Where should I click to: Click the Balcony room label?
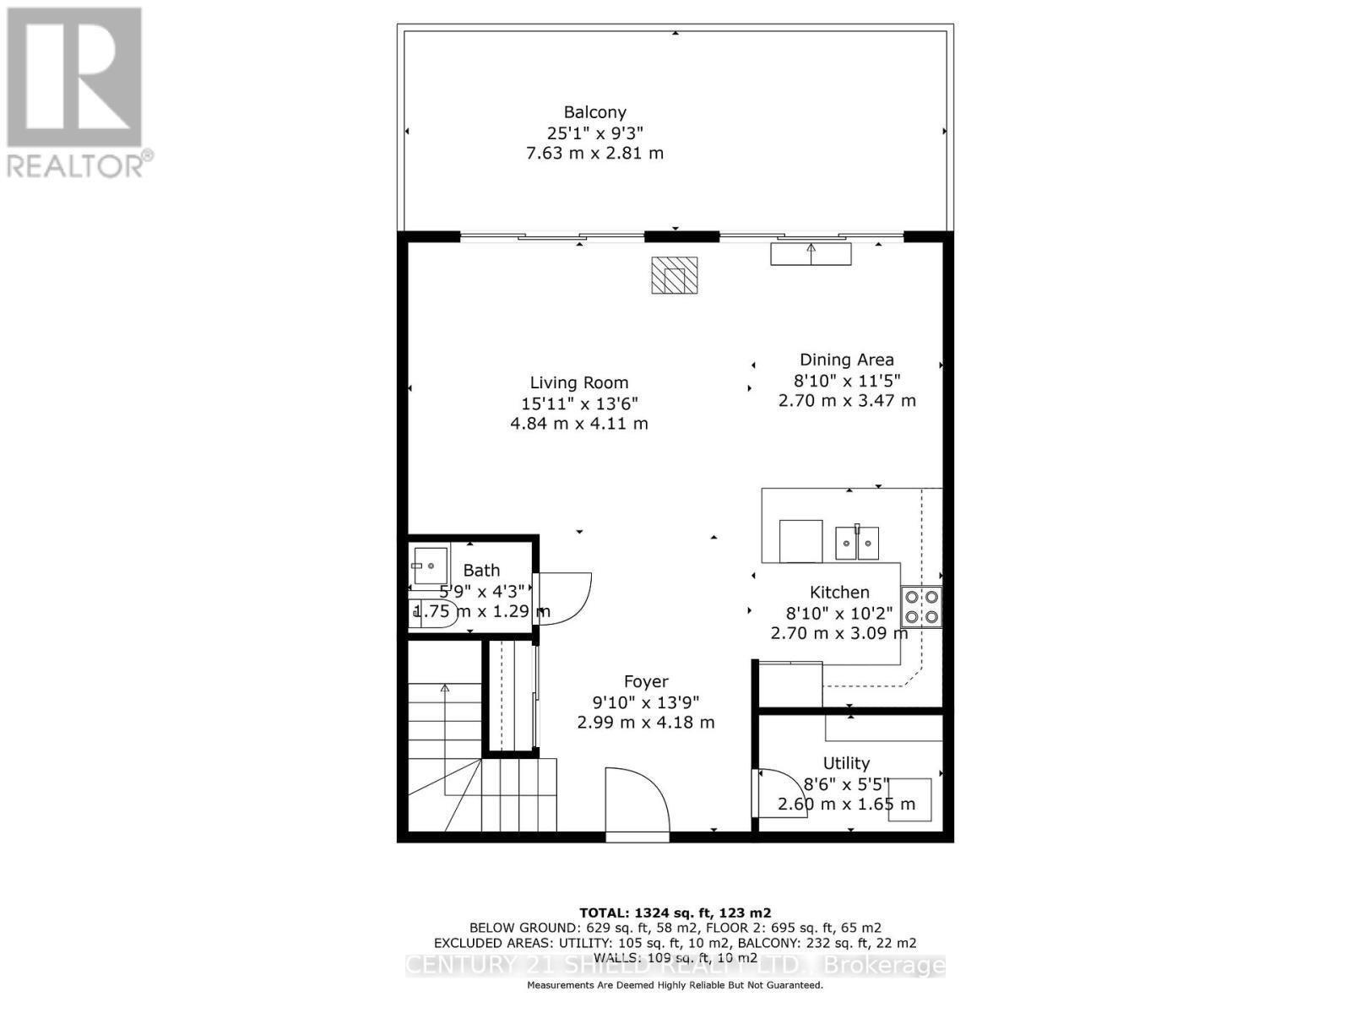(x=594, y=112)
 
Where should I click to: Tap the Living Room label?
(x=579, y=383)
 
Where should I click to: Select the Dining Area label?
(x=846, y=360)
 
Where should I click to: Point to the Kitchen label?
(x=839, y=593)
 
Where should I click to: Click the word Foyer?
(x=646, y=681)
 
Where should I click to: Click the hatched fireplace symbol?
(x=674, y=275)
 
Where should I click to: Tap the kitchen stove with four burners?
(x=921, y=606)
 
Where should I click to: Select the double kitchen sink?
(x=857, y=542)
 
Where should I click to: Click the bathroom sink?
(x=430, y=562)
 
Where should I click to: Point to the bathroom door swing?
(x=564, y=598)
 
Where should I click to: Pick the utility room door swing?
(x=782, y=793)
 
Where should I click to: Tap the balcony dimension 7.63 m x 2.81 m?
(x=594, y=154)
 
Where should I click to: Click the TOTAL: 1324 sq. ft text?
(x=675, y=913)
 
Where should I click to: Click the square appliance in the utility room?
(x=909, y=799)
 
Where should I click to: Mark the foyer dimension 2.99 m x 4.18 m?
(x=646, y=723)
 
